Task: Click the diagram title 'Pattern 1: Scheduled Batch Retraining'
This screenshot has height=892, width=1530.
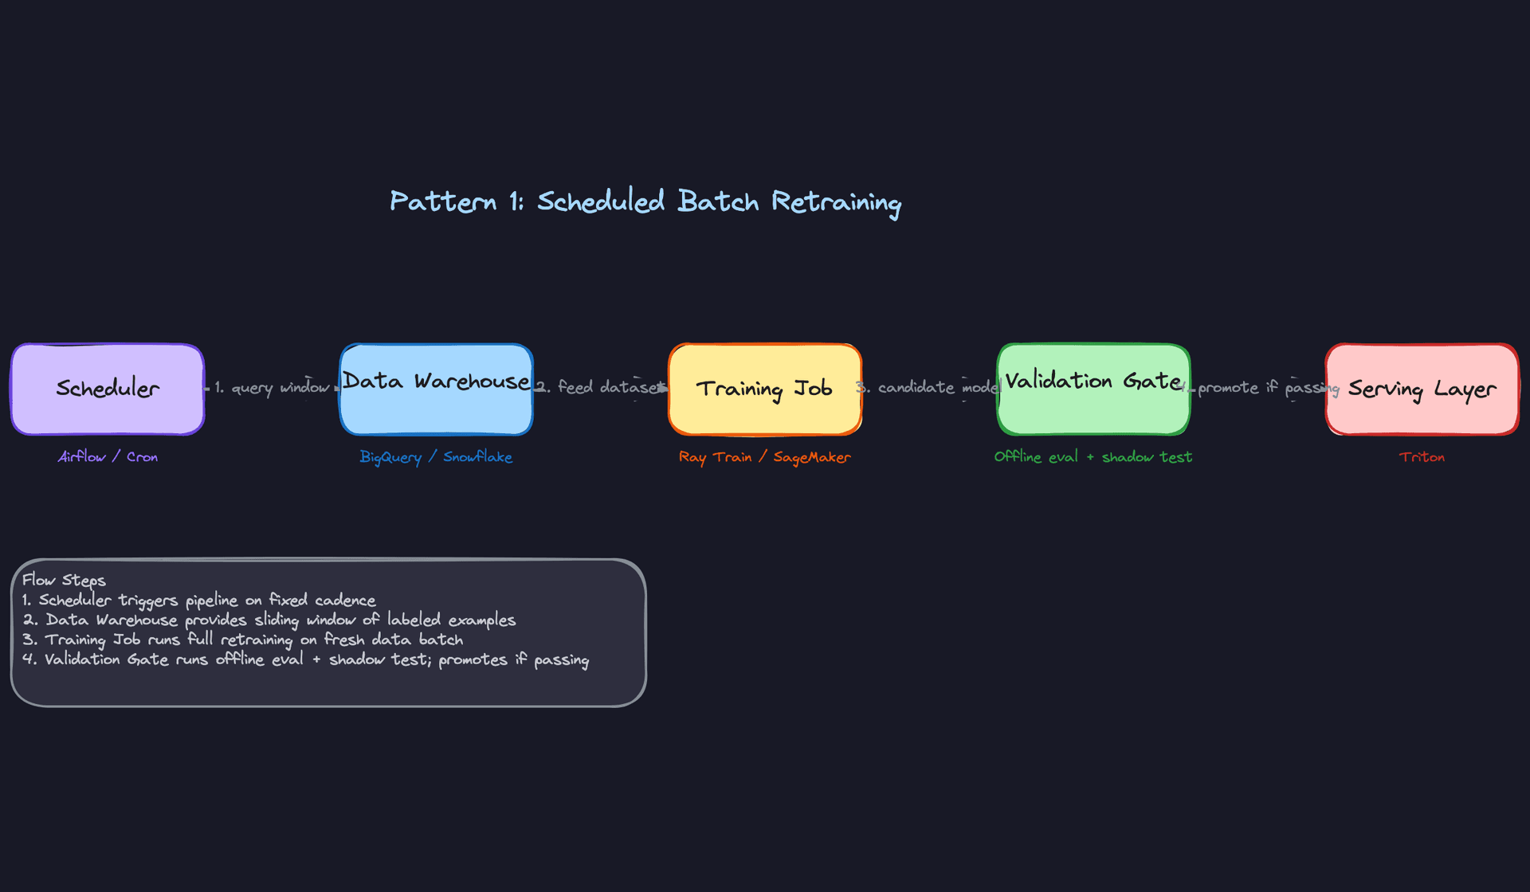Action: [645, 201]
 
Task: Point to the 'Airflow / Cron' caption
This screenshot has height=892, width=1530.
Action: [108, 456]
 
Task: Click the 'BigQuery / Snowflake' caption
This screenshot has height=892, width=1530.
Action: [436, 456]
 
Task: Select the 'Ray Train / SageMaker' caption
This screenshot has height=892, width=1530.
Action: [764, 456]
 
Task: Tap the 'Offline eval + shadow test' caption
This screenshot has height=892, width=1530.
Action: [1093, 456]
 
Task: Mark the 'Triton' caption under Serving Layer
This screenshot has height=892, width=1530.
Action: [1422, 456]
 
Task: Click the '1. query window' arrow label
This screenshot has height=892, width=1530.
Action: [272, 388]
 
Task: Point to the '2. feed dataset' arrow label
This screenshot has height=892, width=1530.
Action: [601, 387]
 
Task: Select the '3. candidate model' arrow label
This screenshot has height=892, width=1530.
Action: [929, 387]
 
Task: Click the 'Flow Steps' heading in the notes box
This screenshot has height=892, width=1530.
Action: [64, 580]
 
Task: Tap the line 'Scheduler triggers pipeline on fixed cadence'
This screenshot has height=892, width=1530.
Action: [199, 600]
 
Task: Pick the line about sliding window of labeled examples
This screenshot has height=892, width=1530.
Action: [269, 620]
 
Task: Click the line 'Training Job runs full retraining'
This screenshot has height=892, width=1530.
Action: [243, 640]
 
